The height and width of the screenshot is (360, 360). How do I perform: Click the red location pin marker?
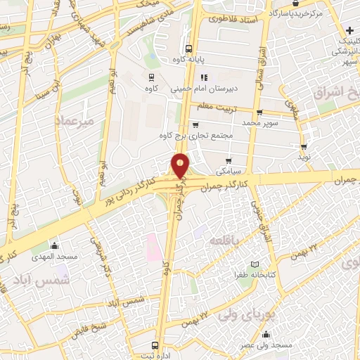point(181,165)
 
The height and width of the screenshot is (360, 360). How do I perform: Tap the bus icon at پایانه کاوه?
point(188,49)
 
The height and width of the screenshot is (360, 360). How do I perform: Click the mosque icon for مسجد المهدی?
point(54,245)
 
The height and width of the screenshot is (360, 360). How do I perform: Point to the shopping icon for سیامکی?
point(229,161)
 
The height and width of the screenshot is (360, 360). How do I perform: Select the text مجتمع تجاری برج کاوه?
point(190,134)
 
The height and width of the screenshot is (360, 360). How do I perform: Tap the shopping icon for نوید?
point(303,148)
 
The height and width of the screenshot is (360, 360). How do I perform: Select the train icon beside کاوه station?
point(151,77)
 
